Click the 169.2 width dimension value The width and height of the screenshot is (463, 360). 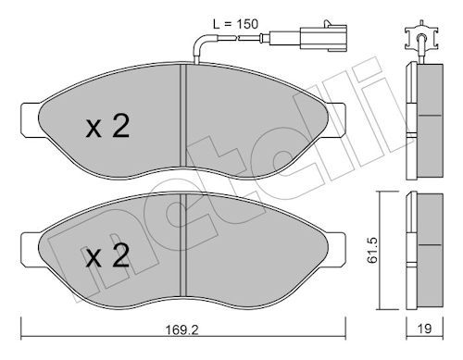(182, 329)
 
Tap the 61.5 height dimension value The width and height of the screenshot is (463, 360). (372, 250)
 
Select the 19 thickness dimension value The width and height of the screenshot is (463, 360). (424, 329)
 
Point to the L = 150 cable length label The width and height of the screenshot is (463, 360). (235, 24)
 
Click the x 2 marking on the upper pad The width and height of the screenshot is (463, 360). (107, 126)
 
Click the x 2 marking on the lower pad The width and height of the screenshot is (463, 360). (107, 255)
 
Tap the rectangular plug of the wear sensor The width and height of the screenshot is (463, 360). (323, 39)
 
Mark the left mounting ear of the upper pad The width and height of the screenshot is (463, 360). (31, 119)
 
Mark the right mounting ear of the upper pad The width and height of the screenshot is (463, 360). (336, 119)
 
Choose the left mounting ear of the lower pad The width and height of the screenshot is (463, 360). (31, 249)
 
